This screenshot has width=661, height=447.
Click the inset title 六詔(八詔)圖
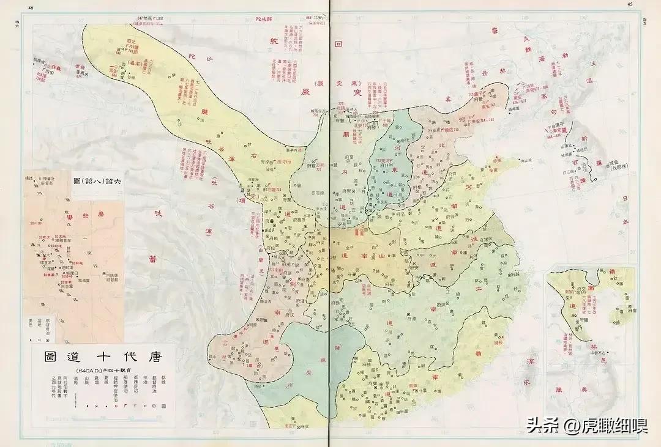[x=98, y=182]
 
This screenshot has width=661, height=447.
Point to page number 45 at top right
[x=630, y=4]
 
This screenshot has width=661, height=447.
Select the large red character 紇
[x=274, y=41]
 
